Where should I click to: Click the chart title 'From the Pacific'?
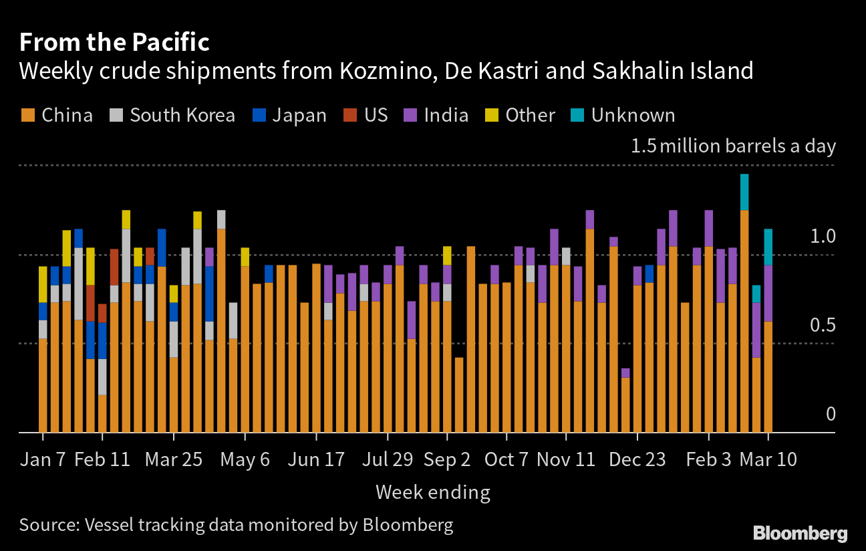tap(114, 43)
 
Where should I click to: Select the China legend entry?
tap(57, 115)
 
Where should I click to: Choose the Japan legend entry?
tap(289, 115)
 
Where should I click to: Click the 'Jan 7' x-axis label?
tap(43, 460)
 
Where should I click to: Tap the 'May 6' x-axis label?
tap(245, 460)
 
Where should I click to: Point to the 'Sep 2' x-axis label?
tap(447, 460)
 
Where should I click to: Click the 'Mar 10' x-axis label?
tap(768, 460)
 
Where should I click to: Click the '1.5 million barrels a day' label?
tap(733, 146)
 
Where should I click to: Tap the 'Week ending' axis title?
tap(432, 493)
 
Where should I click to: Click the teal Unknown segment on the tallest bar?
tap(744, 192)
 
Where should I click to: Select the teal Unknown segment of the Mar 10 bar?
tap(768, 247)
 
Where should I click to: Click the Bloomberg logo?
tap(800, 533)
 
